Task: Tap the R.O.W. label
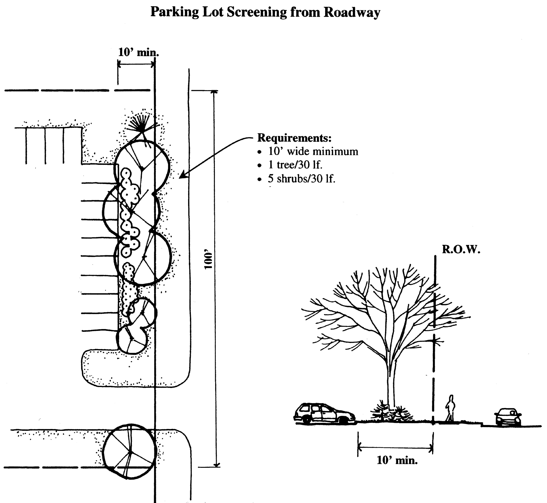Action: (461, 250)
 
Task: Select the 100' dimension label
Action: (208, 260)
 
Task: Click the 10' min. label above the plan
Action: (139, 52)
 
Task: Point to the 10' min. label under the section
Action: (397, 461)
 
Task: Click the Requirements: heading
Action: (294, 138)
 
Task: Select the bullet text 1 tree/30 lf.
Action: (295, 165)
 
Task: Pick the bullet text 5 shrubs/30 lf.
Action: (301, 178)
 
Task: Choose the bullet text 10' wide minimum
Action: (313, 151)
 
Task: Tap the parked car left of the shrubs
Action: (324, 413)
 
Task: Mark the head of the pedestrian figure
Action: (451, 397)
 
